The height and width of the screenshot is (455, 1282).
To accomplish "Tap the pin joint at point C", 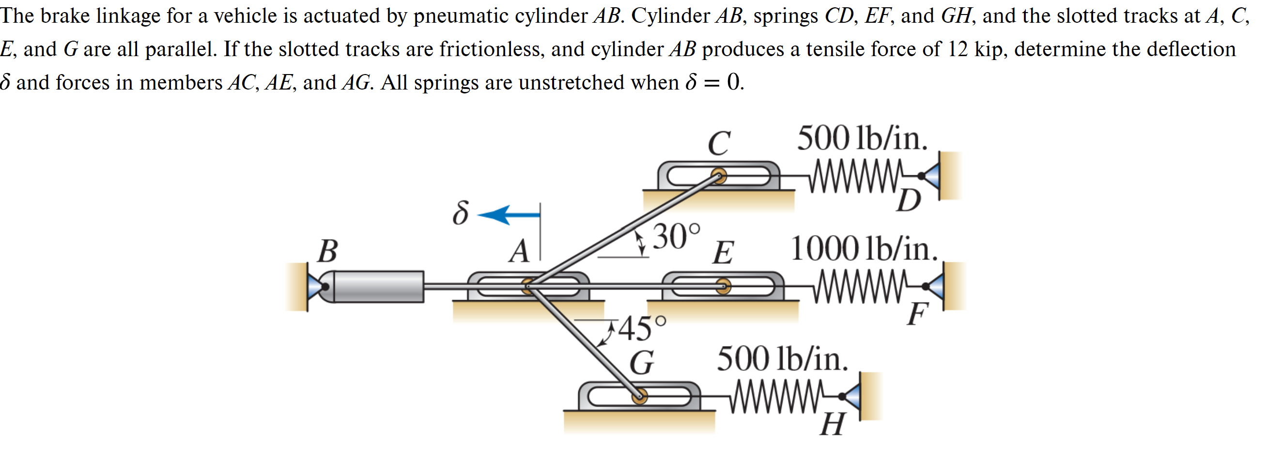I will pos(718,176).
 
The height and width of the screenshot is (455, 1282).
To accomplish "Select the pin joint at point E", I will pos(723,286).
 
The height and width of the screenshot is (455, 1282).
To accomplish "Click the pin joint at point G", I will pos(639,396).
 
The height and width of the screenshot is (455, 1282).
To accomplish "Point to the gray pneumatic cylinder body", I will pos(378,287).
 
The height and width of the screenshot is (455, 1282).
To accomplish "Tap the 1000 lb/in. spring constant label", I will pos(864,249).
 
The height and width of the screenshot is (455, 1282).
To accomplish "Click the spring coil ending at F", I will pos(859,286).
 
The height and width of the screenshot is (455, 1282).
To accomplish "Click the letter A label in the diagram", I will pos(519,251).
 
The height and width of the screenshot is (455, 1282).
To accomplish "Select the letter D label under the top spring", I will pos(908,201).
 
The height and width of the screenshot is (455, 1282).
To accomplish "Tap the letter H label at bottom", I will pos(832,425).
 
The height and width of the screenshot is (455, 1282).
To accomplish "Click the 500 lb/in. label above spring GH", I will pos(782,359).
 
